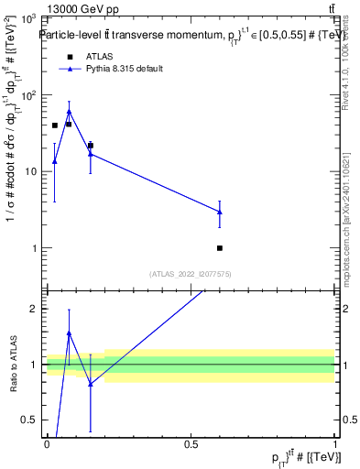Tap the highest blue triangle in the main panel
coord(69,112)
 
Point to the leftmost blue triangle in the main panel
coord(54,161)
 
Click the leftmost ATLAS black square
coord(55,125)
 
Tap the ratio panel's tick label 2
coord(36,309)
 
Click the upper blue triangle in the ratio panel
coord(69,333)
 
